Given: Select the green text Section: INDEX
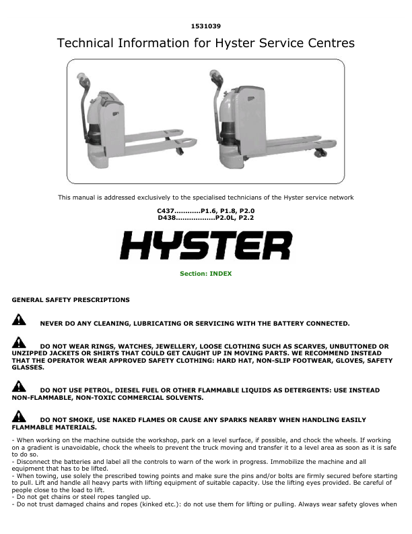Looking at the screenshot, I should [205, 274].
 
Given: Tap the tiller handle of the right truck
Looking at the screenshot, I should [215, 77].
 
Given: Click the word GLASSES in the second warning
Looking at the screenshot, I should [28, 368].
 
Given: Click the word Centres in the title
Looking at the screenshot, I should [329, 44].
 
